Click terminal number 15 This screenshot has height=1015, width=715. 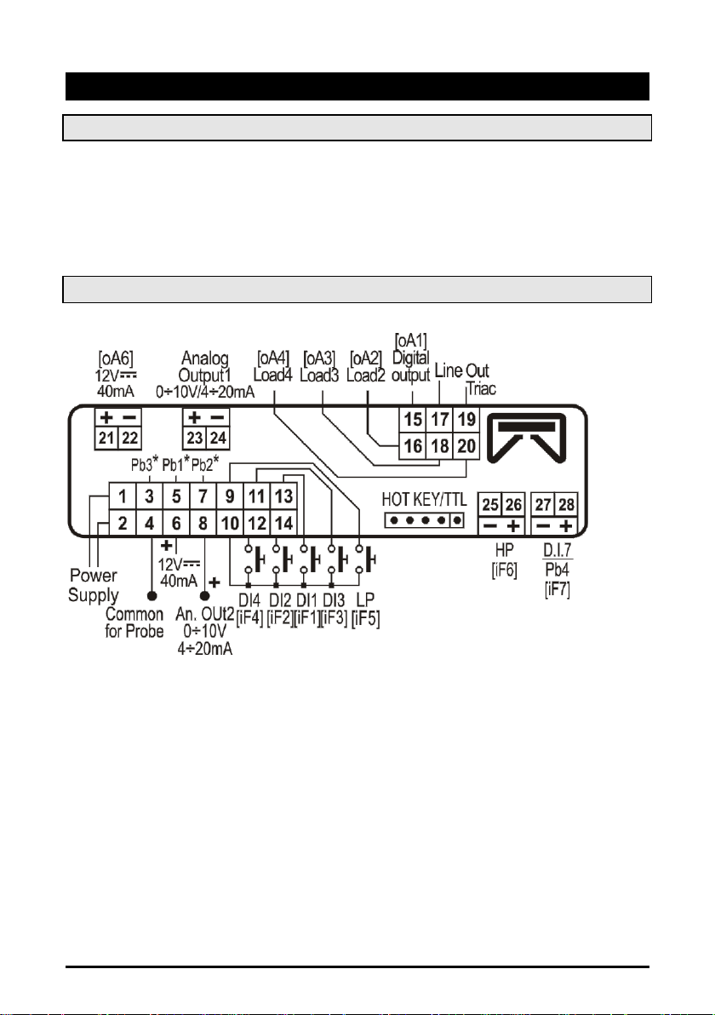413,421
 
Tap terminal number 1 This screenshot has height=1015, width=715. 123,496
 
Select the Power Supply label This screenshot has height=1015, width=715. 94,586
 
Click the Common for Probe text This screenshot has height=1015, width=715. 134,622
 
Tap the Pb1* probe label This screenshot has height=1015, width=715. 176,467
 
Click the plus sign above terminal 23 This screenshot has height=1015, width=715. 195,418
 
